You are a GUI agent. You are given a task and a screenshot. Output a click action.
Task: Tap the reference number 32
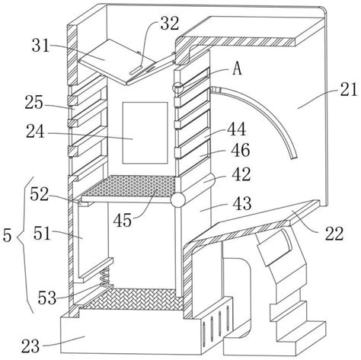coord(170,24)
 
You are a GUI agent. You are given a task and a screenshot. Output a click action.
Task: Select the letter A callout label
coord(237,68)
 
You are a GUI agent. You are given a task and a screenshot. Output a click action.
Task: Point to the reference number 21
coord(349,89)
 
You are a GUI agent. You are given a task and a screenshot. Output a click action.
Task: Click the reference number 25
coord(34,103)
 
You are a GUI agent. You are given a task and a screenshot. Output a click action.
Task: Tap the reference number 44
coord(236,129)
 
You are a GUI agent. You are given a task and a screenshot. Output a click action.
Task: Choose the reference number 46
coord(241,150)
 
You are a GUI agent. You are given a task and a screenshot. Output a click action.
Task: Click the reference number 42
coord(241,174)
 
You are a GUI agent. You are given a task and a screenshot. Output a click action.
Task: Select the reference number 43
coord(242,203)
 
